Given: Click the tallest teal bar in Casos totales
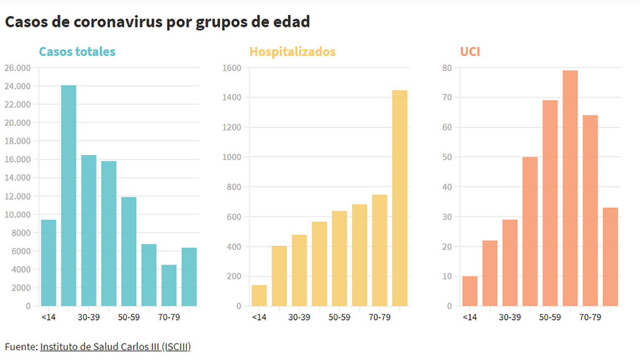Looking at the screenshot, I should click(69, 196).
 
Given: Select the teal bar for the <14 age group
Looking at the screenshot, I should click(49, 263).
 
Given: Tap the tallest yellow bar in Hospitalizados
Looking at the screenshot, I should click(399, 199).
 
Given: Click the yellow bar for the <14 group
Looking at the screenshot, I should click(259, 296).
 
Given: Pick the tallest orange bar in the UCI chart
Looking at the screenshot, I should click(570, 188).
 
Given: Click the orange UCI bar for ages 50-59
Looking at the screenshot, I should click(550, 203).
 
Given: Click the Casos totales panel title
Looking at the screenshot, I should click(77, 52).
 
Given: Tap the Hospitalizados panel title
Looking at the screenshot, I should click(292, 52).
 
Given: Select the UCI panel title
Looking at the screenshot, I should click(470, 52).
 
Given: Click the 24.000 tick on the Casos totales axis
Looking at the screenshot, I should click(18, 86).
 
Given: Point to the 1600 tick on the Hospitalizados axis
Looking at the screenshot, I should click(232, 68).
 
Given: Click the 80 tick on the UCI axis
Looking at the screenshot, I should click(446, 68).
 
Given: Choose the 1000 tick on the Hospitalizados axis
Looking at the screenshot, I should click(232, 157).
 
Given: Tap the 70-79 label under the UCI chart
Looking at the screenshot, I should click(590, 317).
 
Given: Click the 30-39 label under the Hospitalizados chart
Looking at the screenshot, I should click(299, 317).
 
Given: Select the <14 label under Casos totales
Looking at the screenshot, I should click(49, 317).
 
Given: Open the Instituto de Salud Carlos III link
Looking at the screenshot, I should click(116, 347).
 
